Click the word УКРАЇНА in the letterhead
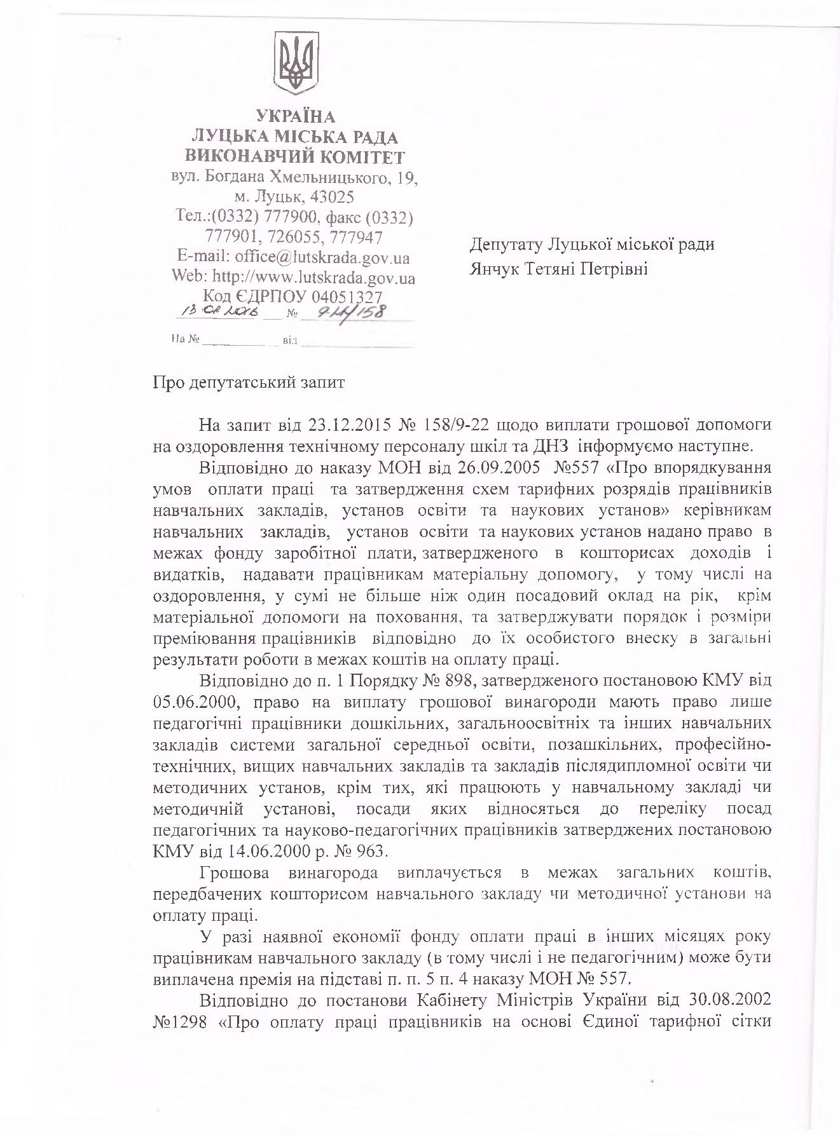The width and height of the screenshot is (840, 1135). click(x=295, y=117)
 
